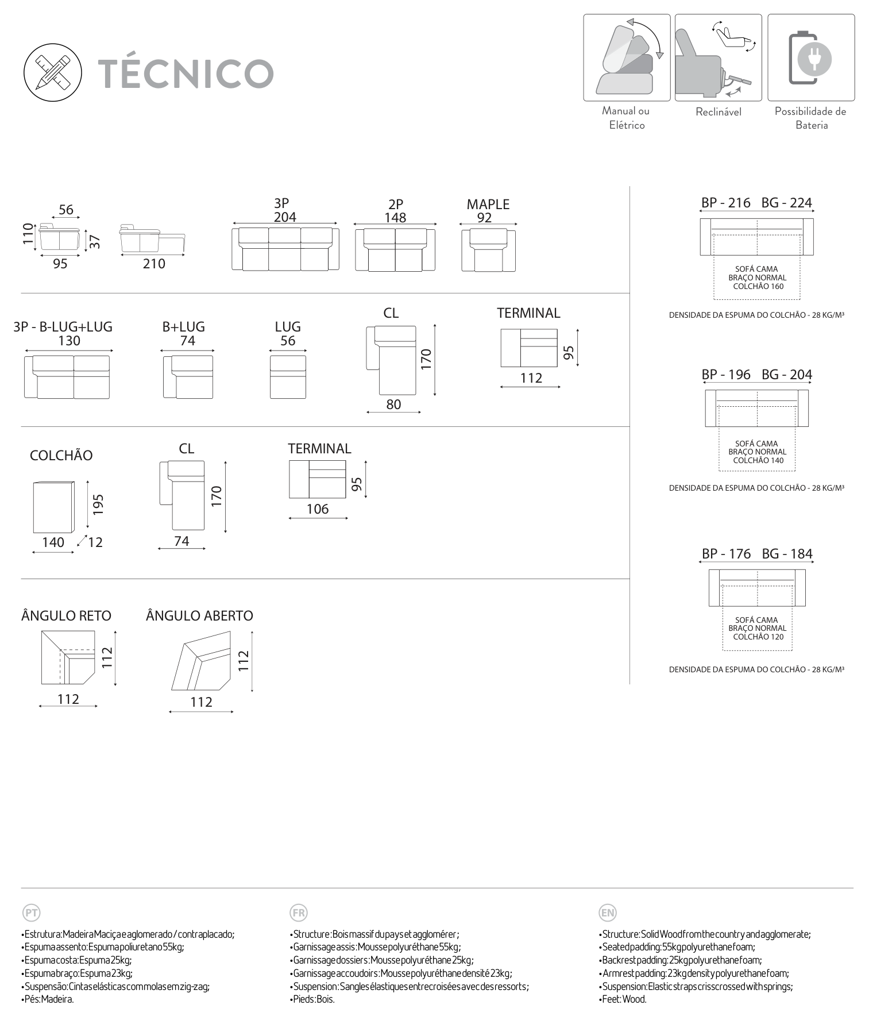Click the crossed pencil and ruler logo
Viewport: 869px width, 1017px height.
click(52, 73)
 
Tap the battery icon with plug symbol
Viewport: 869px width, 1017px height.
click(810, 57)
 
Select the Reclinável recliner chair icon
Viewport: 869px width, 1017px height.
click(718, 57)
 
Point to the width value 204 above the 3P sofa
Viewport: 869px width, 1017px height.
click(285, 217)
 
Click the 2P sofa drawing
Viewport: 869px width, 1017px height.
click(395, 250)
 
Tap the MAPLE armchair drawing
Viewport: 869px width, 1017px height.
click(488, 250)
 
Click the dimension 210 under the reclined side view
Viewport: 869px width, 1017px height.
click(153, 264)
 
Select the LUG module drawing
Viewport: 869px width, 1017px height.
click(288, 377)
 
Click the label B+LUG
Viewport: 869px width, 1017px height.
click(183, 326)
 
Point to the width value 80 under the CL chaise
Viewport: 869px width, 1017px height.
click(393, 405)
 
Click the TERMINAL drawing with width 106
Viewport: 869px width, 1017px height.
click(317, 479)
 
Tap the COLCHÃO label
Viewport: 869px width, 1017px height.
click(61, 455)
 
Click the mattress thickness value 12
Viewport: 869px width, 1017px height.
click(95, 542)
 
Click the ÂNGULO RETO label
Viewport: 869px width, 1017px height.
click(66, 615)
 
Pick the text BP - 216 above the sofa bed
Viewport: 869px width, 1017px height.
click(725, 202)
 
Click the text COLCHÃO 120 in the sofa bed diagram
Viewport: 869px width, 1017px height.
click(758, 637)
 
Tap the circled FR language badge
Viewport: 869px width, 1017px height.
click(299, 912)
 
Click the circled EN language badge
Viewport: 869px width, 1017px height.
click(607, 912)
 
